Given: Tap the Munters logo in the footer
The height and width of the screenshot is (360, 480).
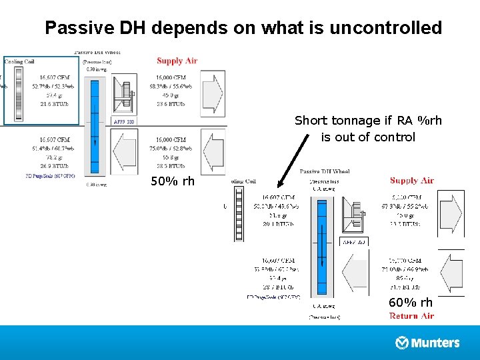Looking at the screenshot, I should (428, 343).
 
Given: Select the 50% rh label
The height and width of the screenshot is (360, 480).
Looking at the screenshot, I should (173, 181).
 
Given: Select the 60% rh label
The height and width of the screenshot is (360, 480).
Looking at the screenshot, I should (411, 303).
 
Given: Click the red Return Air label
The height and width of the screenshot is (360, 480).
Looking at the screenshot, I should (411, 316).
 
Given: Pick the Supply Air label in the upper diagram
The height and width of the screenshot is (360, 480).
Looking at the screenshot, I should (177, 61).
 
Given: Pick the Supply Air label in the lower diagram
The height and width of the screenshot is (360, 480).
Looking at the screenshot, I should (411, 180).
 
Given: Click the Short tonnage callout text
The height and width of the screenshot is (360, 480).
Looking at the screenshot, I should (368, 129).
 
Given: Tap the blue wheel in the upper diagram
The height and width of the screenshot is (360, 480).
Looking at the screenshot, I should (95, 127).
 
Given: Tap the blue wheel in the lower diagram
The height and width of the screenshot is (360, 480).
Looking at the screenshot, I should (325, 247).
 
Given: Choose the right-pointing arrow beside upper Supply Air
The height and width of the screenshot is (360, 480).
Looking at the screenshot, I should (212, 92).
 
